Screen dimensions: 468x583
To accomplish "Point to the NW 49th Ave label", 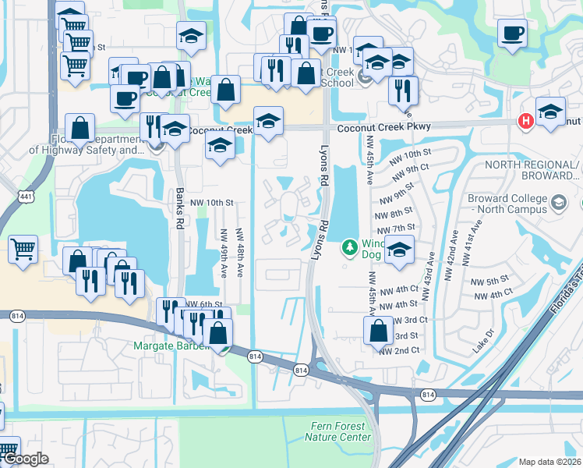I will (224, 253).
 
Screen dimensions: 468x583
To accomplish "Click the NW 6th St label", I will (204, 304).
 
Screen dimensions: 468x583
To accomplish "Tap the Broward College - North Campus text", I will (508, 204).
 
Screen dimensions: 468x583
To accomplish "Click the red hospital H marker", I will (526, 121).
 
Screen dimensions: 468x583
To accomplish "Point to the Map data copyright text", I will (549, 462).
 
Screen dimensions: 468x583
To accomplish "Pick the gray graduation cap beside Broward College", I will (558, 204).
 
